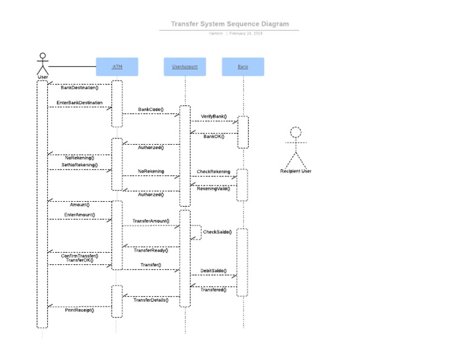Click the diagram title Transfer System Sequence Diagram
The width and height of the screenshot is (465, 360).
pos(229,24)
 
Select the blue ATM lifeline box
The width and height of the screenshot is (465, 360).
pos(117,67)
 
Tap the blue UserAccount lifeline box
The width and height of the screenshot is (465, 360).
pos(185,67)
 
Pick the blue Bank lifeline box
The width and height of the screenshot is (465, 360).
pos(243,67)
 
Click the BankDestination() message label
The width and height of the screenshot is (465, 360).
pos(79,88)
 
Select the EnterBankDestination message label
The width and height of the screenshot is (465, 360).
pos(79,103)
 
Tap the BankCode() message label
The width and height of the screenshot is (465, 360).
pos(151,110)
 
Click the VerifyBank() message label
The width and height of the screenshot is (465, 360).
pos(214,116)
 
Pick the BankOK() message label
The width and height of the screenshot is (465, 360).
pos(214,136)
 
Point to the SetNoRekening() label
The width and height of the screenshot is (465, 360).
pos(79,165)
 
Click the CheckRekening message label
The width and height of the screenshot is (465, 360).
pos(213,172)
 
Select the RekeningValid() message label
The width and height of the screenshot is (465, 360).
pos(213,188)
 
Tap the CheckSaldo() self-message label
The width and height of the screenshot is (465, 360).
pos(217,232)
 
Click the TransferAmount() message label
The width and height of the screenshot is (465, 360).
pos(151,221)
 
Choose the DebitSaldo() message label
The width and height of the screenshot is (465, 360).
pos(213,270)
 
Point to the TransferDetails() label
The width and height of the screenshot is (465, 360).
pos(151,300)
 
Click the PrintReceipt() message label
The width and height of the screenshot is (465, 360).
pos(79,310)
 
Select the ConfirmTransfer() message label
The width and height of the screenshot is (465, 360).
pos(79,256)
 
